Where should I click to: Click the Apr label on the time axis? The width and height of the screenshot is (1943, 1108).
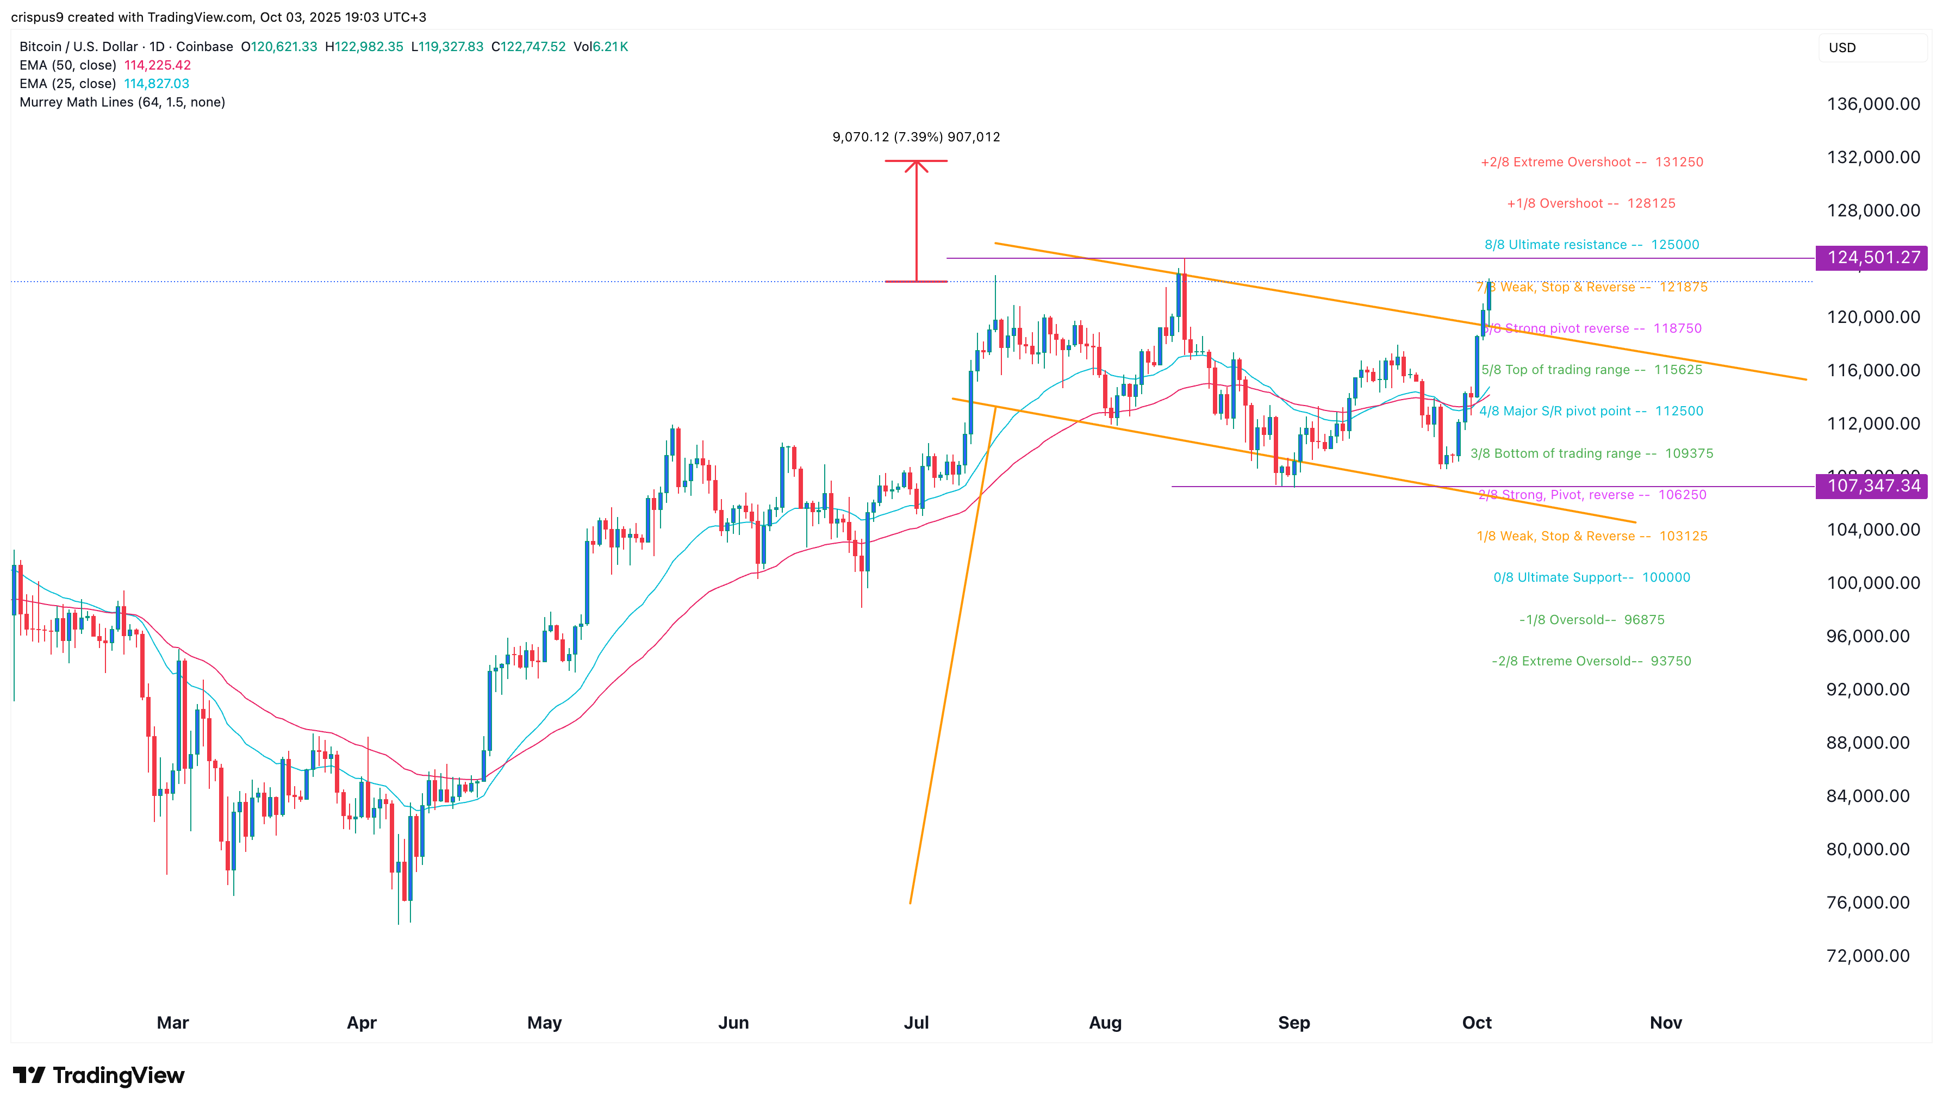click(x=362, y=1022)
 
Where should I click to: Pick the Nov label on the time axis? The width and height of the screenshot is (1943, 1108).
click(x=1665, y=1022)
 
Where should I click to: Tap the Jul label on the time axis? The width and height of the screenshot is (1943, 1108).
click(x=916, y=1022)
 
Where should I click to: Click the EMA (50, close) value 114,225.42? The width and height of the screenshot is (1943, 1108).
click(x=158, y=65)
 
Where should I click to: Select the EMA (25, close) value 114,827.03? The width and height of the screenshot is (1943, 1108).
click(x=157, y=84)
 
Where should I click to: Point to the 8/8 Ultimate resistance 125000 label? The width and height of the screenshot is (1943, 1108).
click(x=1591, y=244)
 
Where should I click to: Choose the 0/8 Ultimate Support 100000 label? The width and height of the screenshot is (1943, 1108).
click(x=1591, y=577)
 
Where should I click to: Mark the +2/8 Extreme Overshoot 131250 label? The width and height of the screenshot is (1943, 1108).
click(x=1591, y=162)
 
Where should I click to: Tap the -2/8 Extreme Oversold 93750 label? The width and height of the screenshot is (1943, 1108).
click(x=1591, y=661)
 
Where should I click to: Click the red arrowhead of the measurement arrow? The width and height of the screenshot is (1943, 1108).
click(x=916, y=165)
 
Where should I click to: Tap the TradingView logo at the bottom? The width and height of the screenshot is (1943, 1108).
click(x=99, y=1075)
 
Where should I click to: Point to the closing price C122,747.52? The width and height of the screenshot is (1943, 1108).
click(x=529, y=46)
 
